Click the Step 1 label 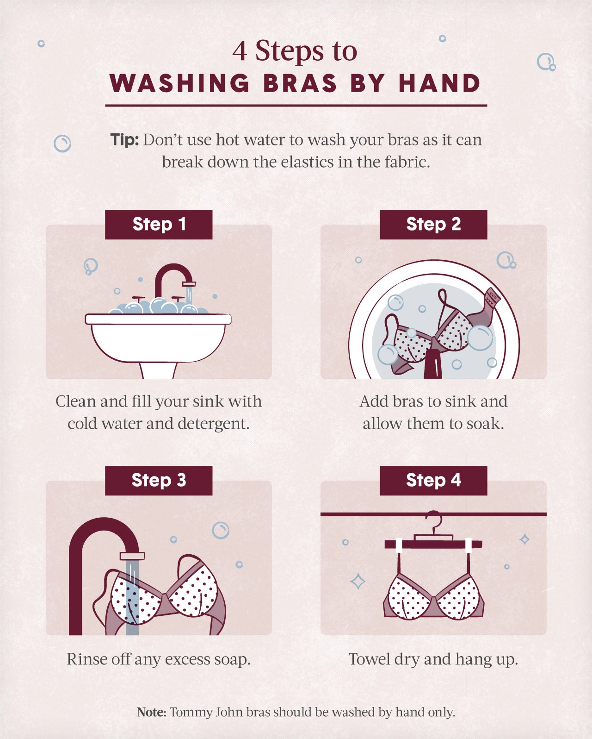pos(159,224)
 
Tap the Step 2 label pos(433,224)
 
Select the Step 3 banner pos(159,480)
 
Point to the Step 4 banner pos(433,480)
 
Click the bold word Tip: pos(124,140)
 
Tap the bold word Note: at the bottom pos(151,712)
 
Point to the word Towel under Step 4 pos(369,659)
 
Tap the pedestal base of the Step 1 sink pos(159,370)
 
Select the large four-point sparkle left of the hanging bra pos(358,581)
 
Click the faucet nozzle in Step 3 pos(132,556)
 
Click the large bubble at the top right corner pos(545,62)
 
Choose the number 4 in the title pos(239,51)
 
